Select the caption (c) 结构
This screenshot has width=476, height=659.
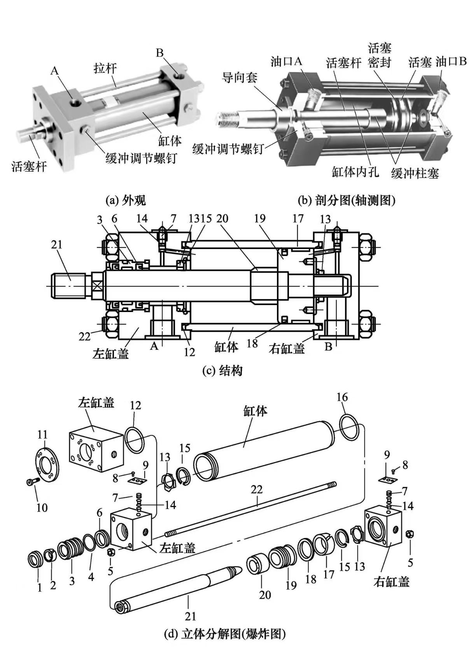222,370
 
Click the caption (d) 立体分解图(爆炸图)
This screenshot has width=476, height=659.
225,634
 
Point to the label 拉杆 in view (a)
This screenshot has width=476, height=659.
105,69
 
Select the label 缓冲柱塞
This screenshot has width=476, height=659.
415,173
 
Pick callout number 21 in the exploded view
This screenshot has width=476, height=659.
190,616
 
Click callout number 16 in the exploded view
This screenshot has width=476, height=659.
342,397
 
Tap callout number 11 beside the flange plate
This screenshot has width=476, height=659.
42,434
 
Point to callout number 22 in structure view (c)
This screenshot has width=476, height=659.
85,336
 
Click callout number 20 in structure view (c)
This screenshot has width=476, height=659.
222,219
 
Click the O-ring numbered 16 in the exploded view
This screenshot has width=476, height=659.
349,425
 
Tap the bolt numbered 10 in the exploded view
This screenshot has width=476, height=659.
31,482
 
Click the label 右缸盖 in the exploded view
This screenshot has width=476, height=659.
391,582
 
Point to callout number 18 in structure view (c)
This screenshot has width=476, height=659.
252,343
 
